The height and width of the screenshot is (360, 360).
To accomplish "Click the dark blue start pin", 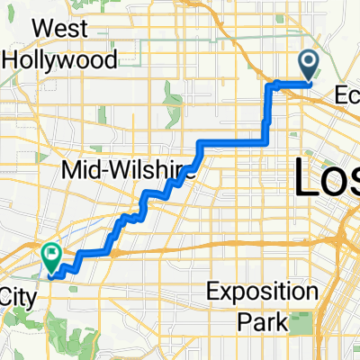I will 309,66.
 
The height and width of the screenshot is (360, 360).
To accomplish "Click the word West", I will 59,28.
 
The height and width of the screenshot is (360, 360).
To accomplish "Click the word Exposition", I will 261,292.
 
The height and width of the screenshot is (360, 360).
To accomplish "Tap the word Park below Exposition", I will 262,320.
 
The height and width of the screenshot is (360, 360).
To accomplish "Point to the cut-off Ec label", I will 346,94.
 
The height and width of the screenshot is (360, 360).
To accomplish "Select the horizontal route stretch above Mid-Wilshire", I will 232,141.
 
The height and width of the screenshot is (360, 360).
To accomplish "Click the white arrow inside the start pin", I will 309,62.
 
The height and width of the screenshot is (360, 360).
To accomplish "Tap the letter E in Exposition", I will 212,292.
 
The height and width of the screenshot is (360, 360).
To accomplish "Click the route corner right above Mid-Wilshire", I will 199,143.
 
